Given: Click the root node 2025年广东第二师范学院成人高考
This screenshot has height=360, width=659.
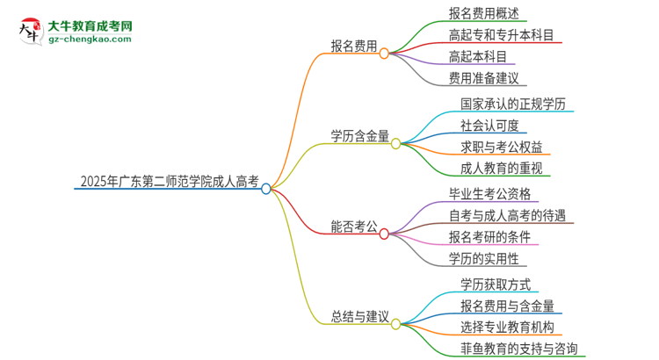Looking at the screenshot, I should pyautogui.click(x=169, y=184).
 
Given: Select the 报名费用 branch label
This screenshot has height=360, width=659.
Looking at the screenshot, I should pyautogui.click(x=354, y=47).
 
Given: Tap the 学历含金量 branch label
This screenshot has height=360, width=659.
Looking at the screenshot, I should pyautogui.click(x=360, y=136).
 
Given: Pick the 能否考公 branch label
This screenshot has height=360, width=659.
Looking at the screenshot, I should pyautogui.click(x=354, y=227).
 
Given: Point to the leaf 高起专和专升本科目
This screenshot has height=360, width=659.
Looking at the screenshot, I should pyautogui.click(x=501, y=35).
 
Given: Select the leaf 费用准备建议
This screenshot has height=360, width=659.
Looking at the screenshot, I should pyautogui.click(x=483, y=78).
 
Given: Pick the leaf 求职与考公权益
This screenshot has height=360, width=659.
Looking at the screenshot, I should pyautogui.click(x=501, y=146).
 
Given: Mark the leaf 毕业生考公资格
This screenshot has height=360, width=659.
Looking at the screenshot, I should pyautogui.click(x=489, y=193).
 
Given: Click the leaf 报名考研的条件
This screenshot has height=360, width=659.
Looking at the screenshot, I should pyautogui.click(x=489, y=236).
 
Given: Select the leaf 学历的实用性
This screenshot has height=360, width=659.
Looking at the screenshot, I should pyautogui.click(x=483, y=258).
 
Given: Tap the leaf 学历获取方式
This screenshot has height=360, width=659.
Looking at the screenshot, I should pyautogui.click(x=495, y=283).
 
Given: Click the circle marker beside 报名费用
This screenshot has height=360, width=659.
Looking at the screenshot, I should pyautogui.click(x=384, y=53).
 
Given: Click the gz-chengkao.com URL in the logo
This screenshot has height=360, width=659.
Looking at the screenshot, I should pyautogui.click(x=90, y=40).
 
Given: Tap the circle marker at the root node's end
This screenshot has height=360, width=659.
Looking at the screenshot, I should pyautogui.click(x=266, y=188).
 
